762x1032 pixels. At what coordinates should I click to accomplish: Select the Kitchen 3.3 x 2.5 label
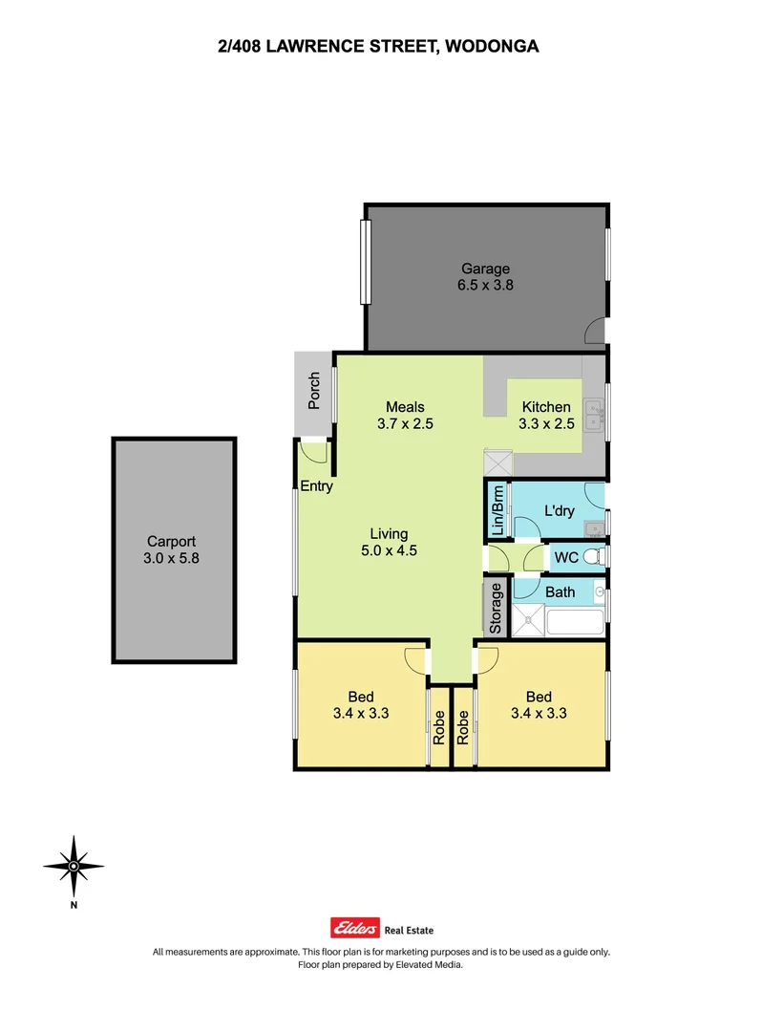coord(545,416)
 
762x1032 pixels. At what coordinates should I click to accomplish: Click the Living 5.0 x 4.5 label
coord(390,542)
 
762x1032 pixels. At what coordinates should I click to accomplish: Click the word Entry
coord(317,486)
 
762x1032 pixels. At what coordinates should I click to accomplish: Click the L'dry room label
coord(559,511)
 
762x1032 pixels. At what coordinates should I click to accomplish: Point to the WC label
coord(565,556)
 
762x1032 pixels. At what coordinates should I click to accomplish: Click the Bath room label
coord(560,592)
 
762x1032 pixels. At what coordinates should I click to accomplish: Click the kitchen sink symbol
coord(595,414)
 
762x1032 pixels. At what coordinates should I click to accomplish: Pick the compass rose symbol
coord(74,865)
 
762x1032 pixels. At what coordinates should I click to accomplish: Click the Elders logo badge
coord(354,928)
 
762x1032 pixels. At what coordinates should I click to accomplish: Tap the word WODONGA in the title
coord(489,45)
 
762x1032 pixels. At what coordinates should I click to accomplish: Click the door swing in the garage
coord(595,332)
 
